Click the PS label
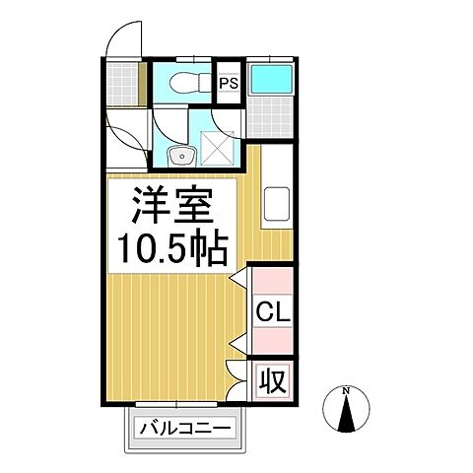(x=229, y=83)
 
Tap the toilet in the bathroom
(x=185, y=83)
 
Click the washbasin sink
(x=178, y=156)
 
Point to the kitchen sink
(x=275, y=203)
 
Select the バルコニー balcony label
(x=183, y=429)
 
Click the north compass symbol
(x=346, y=413)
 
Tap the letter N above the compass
(x=346, y=391)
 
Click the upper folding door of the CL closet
(x=237, y=286)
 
